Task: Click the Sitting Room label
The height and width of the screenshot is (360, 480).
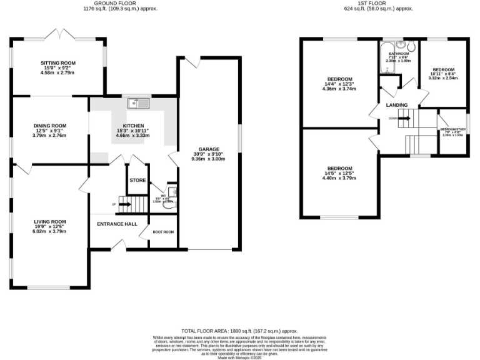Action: [x=57, y=64]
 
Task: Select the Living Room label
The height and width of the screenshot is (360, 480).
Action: [x=49, y=222]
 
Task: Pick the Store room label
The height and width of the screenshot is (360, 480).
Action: [x=137, y=180]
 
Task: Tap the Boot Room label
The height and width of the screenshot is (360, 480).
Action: [x=164, y=232]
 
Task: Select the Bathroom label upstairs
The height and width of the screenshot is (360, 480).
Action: [x=399, y=54]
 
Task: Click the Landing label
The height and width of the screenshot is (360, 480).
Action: [x=397, y=105]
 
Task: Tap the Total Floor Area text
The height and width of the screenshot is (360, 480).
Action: [x=239, y=331]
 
